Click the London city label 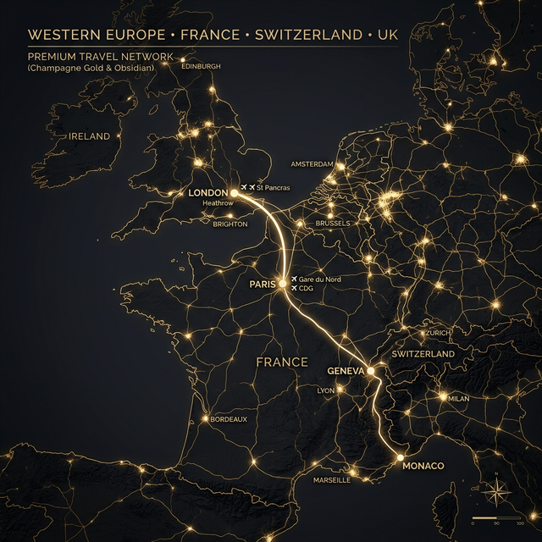[x=208, y=193]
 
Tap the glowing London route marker [x=234, y=193]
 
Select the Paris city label [x=263, y=285]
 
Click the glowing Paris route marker [x=283, y=284]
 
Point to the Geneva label [x=346, y=372]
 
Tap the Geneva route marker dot [x=371, y=371]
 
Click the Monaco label [x=423, y=467]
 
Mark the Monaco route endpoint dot [x=400, y=458]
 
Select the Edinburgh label [x=202, y=66]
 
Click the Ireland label [x=90, y=136]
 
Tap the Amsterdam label [x=312, y=164]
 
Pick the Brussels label [x=332, y=224]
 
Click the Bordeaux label [x=229, y=419]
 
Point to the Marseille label [x=331, y=480]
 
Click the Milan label [x=458, y=398]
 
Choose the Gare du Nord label [x=319, y=279]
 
